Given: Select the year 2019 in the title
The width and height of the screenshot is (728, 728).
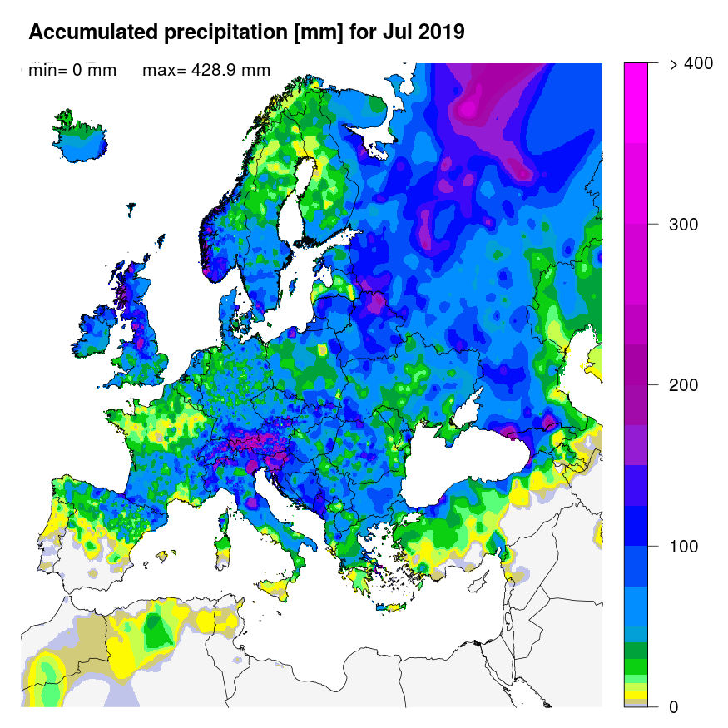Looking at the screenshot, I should (438, 32).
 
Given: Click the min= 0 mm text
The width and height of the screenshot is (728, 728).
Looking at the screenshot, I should (72, 71).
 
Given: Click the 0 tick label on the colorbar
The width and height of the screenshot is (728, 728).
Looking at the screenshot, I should (674, 707).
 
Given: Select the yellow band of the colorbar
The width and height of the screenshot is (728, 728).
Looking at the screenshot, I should (636, 694).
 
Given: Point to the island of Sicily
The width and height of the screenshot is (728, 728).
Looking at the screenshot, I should (280, 585).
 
